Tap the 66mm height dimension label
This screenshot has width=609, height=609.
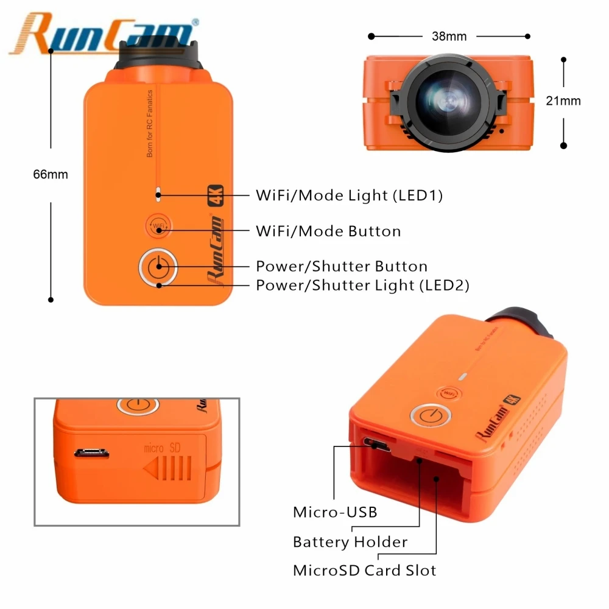point(51,175)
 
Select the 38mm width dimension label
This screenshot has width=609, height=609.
point(449,37)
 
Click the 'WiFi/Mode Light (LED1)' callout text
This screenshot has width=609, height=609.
point(349,195)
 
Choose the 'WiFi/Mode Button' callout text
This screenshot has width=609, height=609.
point(328,231)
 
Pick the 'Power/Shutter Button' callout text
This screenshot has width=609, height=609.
point(342,266)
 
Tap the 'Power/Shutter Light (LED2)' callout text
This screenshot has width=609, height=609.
point(362,285)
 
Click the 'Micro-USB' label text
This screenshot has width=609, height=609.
point(335,512)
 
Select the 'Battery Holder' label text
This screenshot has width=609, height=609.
point(350,541)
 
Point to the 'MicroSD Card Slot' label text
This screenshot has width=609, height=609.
point(365,571)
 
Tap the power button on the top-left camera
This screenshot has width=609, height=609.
point(158,266)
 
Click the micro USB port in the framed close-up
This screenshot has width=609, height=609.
point(92,452)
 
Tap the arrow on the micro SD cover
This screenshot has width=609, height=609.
point(167,468)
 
